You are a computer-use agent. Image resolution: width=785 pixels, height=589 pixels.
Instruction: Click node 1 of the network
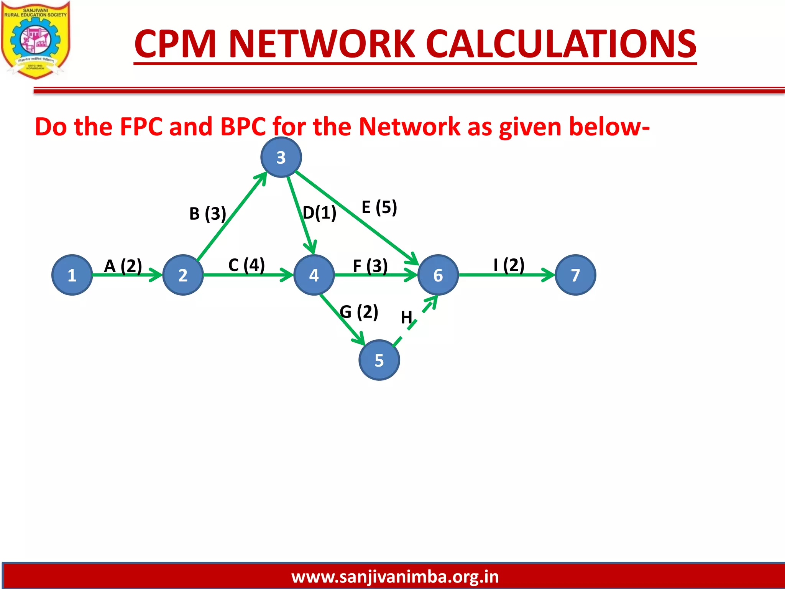(72, 275)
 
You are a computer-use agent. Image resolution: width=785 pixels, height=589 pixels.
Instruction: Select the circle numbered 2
(183, 275)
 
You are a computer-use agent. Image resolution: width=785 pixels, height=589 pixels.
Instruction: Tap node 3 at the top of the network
(281, 157)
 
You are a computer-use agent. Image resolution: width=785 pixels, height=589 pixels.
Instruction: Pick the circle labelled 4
(314, 275)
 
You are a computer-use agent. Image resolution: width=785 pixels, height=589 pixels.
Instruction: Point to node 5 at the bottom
(379, 360)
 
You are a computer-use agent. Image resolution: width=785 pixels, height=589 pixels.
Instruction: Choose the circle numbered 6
(438, 275)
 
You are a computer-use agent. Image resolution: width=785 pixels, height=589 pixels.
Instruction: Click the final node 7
(575, 275)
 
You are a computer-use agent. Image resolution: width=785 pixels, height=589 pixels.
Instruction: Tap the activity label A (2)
(123, 265)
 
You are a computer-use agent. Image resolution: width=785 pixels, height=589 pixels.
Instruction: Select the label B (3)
(208, 214)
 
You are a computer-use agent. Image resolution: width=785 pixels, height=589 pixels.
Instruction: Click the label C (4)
(246, 265)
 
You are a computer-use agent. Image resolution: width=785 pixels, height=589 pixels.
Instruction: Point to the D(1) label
(320, 213)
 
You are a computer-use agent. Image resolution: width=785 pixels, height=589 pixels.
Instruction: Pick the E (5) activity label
(379, 207)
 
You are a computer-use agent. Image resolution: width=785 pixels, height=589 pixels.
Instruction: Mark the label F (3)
(370, 266)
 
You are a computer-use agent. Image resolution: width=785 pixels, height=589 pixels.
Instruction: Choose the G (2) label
(359, 311)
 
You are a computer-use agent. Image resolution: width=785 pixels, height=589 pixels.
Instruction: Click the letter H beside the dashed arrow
(406, 318)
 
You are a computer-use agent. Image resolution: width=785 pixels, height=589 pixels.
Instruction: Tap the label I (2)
(509, 265)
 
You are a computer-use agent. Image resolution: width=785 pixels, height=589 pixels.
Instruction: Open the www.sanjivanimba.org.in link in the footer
(395, 577)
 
